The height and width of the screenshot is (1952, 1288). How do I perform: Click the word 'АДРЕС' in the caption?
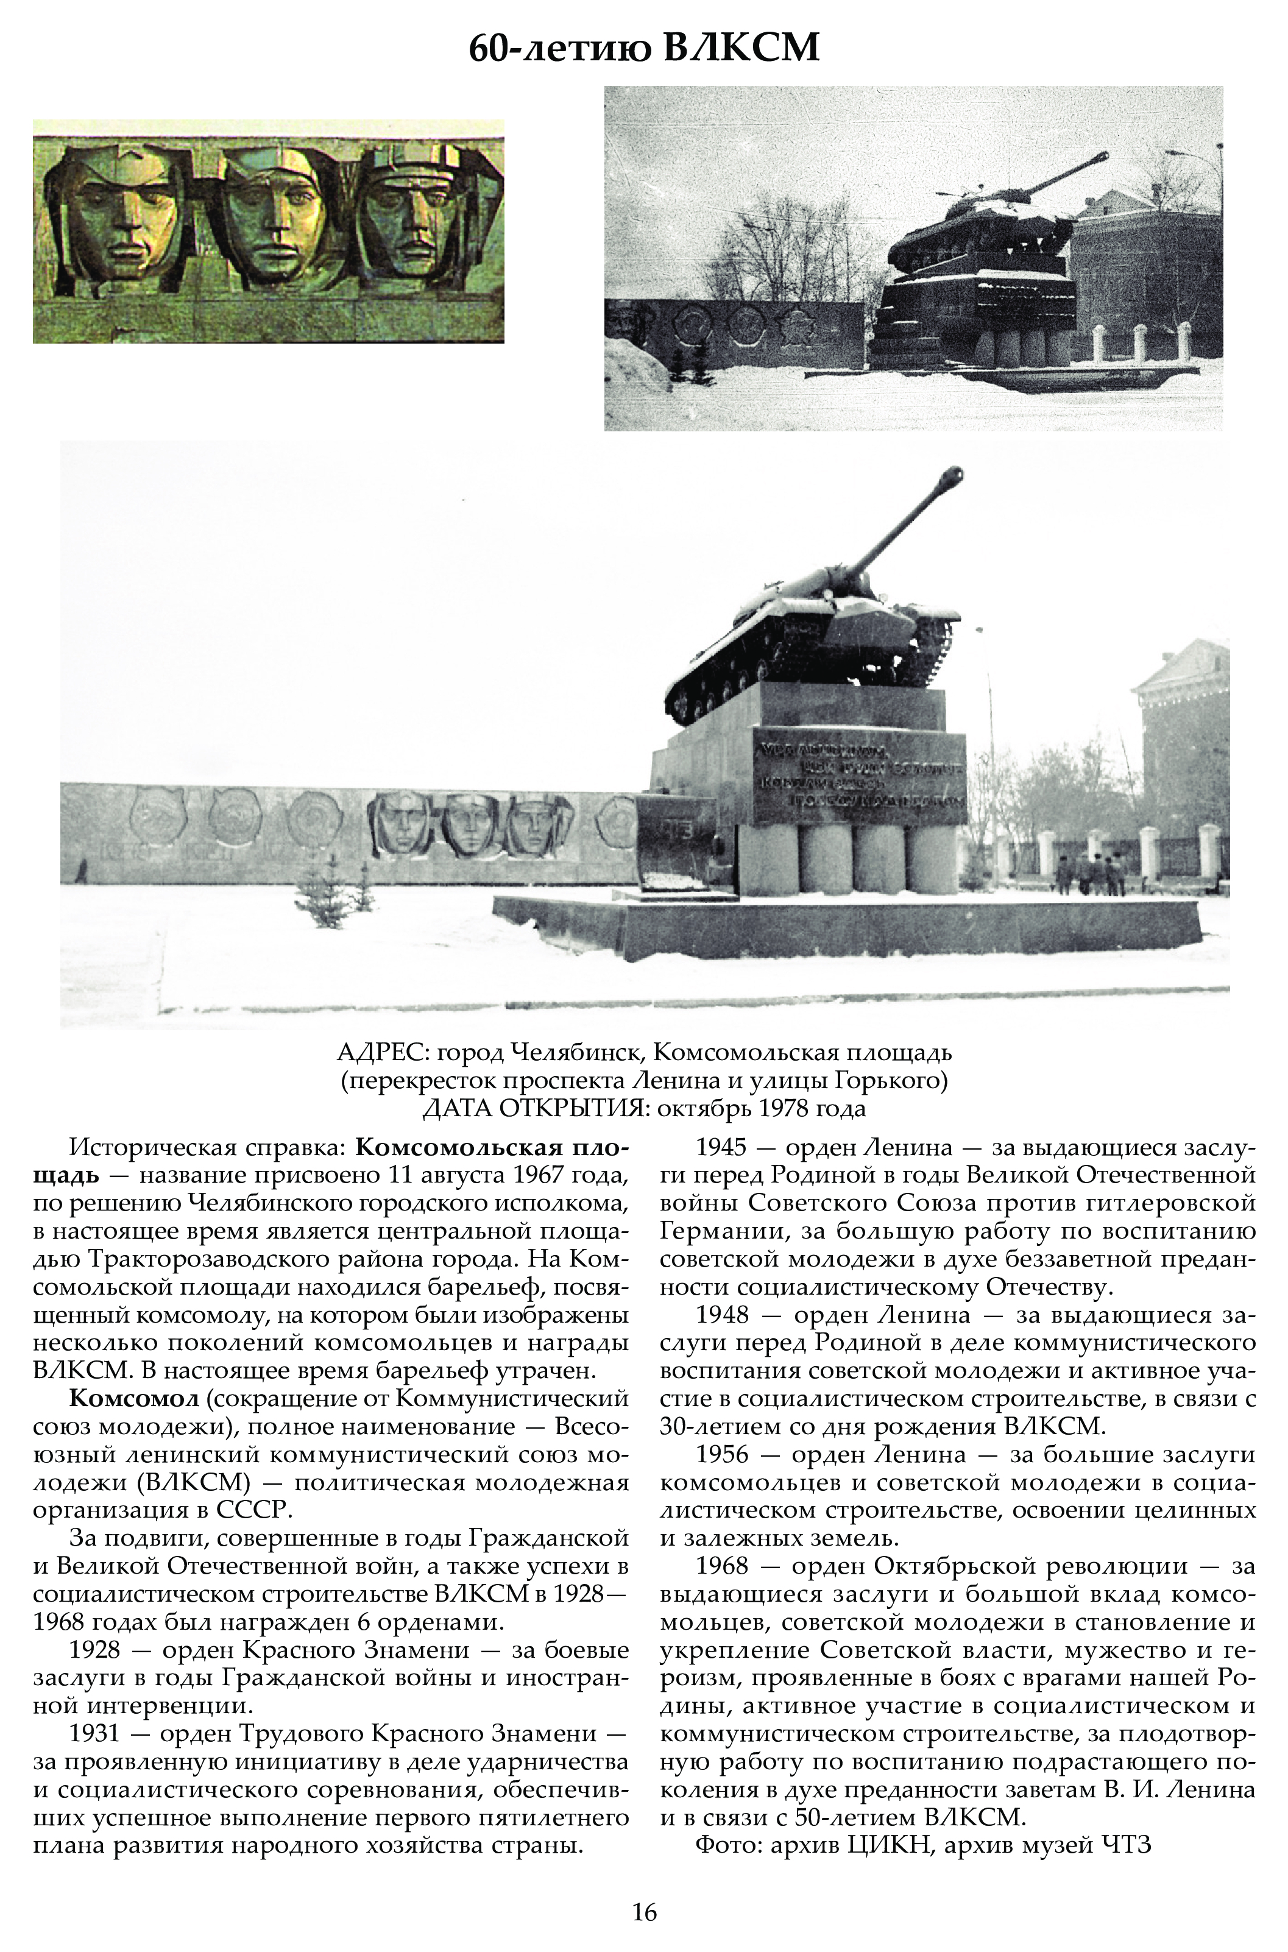(x=382, y=1053)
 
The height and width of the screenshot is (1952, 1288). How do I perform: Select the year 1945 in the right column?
(x=722, y=1147)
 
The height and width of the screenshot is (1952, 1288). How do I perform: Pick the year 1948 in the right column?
(x=722, y=1315)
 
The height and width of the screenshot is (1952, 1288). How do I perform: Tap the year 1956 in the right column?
(x=722, y=1454)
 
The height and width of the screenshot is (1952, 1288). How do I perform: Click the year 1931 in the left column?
(x=95, y=1733)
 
